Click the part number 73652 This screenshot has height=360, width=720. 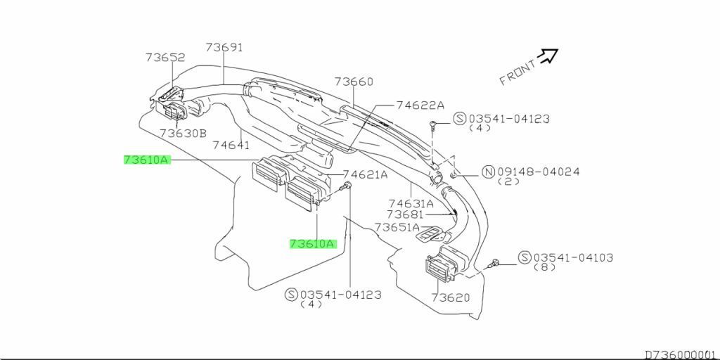[x=165, y=58]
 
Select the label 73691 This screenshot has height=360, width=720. [x=224, y=47]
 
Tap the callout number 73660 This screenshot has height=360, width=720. [x=354, y=82]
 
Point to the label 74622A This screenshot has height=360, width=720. [x=420, y=105]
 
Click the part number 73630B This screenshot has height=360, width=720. [x=183, y=133]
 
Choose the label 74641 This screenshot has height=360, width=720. [x=231, y=145]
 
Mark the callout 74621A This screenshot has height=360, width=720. [x=365, y=174]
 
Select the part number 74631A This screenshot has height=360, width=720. [x=411, y=204]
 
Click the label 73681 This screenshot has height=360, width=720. [x=405, y=214]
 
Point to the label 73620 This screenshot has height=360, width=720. [x=451, y=298]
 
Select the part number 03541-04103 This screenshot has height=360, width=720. [x=573, y=257]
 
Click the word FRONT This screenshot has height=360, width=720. [x=517, y=71]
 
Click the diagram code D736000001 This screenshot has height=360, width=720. [x=681, y=354]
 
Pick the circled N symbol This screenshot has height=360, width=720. [x=487, y=172]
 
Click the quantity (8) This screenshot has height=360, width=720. [x=544, y=267]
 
